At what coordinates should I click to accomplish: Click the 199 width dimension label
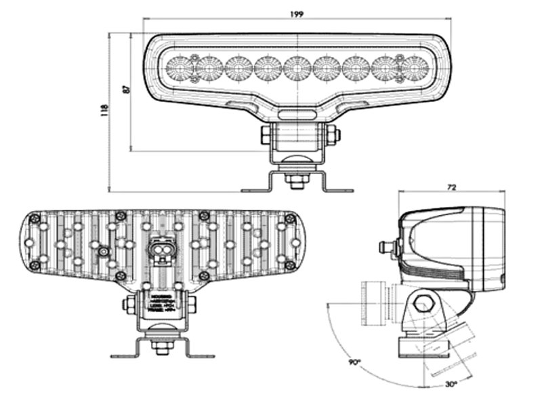tap(295, 13)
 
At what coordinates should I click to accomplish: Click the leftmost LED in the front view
tap(180, 68)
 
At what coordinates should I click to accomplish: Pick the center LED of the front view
tap(297, 68)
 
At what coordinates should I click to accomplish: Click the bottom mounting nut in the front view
tap(296, 181)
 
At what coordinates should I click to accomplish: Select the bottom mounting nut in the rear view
tap(161, 348)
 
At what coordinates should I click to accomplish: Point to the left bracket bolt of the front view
tap(266, 135)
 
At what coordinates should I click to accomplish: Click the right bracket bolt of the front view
tap(331, 135)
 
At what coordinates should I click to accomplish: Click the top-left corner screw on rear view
tap(33, 218)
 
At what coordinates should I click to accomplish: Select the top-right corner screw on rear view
tap(290, 218)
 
